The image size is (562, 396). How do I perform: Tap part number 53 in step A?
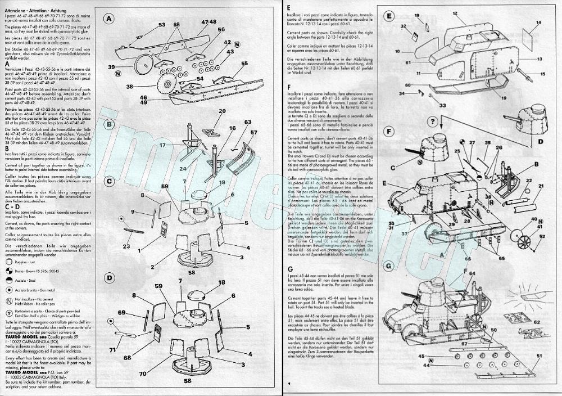[161, 25]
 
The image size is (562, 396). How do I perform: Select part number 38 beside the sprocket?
[129, 87]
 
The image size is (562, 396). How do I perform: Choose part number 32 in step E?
[404, 26]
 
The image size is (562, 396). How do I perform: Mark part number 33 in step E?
[428, 105]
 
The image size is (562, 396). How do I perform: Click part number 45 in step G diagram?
[421, 356]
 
